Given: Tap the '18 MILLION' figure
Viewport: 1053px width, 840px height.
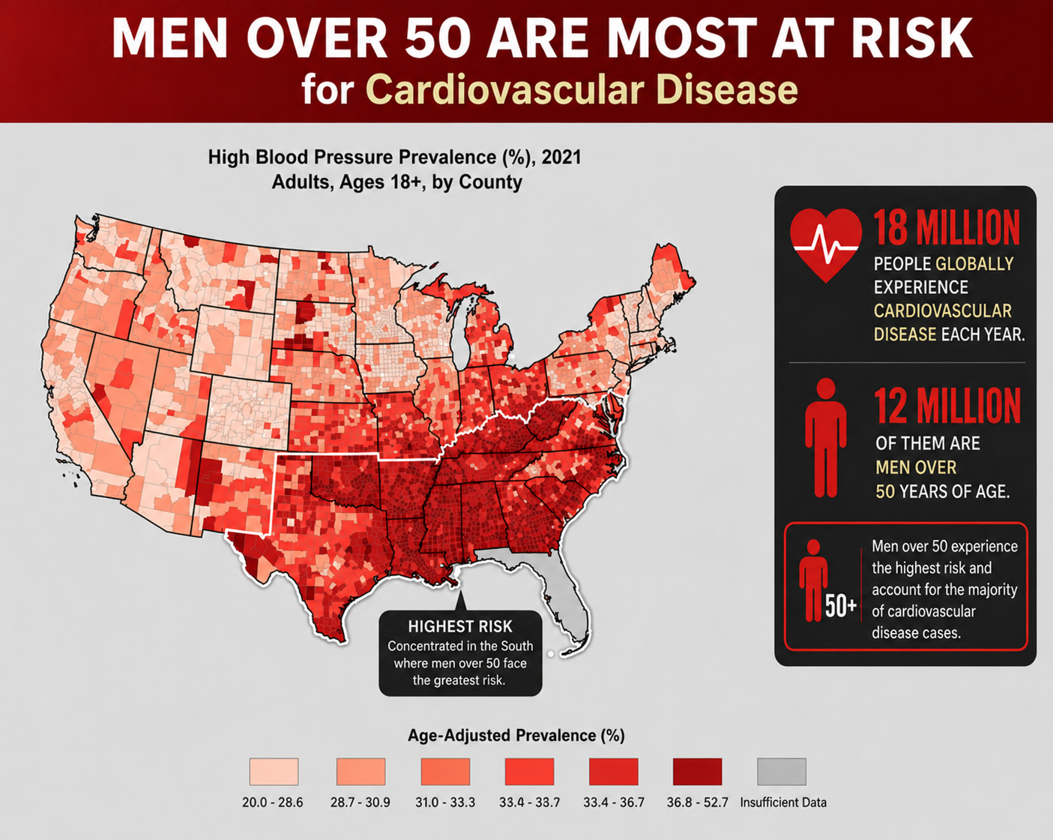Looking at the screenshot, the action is [x=947, y=228].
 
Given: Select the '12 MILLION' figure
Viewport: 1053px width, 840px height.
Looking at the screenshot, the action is [x=948, y=406].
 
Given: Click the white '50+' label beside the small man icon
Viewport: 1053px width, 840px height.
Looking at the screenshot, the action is [x=841, y=606].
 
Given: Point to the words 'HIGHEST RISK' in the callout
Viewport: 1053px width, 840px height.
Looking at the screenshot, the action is [x=460, y=626].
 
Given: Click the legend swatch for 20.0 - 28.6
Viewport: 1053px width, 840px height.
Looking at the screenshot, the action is [x=274, y=772].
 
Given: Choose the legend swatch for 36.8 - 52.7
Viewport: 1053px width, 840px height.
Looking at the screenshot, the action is [x=697, y=772].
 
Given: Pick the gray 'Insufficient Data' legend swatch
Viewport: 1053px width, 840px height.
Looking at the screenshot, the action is [x=782, y=772].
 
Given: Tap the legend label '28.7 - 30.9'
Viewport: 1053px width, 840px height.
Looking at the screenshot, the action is [x=360, y=802].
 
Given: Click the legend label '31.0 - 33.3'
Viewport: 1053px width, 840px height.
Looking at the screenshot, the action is [x=445, y=802].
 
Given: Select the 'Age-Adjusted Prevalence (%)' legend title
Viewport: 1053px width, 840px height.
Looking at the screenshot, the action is [x=516, y=736].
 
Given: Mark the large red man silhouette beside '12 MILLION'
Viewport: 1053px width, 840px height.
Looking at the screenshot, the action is [x=826, y=437].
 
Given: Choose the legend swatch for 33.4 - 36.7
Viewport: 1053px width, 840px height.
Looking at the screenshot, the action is [x=614, y=772].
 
